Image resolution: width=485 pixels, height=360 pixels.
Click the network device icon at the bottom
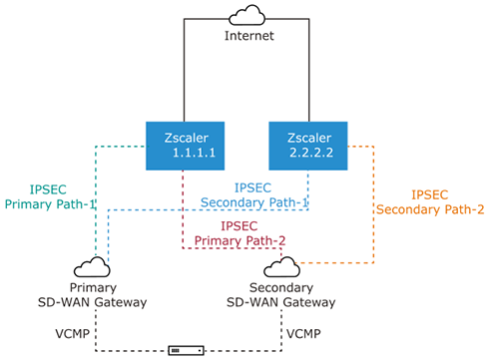click(x=187, y=350)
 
